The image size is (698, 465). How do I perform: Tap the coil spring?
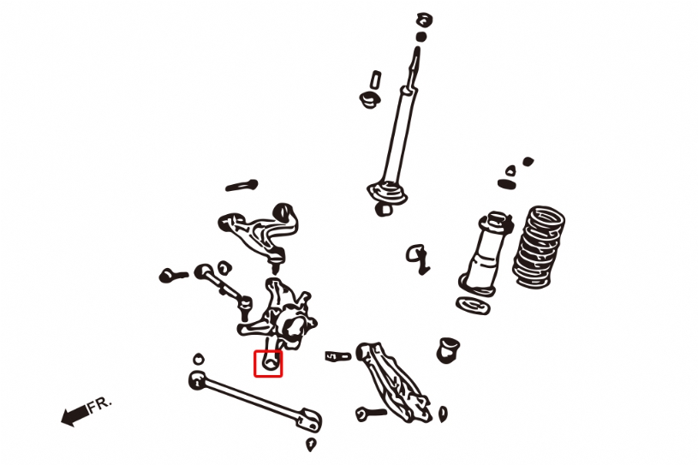(x=539, y=247)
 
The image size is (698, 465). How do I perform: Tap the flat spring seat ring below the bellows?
(x=473, y=305)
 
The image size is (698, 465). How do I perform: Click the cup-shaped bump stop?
(x=448, y=350)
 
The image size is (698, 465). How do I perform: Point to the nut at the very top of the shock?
(x=425, y=21)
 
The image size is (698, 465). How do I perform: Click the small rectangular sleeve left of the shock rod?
(x=376, y=80)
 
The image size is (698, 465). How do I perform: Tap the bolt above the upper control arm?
(x=242, y=185)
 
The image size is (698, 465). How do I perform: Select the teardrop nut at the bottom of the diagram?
(x=311, y=444)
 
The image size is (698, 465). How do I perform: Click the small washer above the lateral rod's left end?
(x=199, y=359)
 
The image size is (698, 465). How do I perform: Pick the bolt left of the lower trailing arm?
(x=371, y=414)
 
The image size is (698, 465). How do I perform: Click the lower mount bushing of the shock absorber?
(x=382, y=209)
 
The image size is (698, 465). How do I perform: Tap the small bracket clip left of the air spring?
(x=418, y=258)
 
